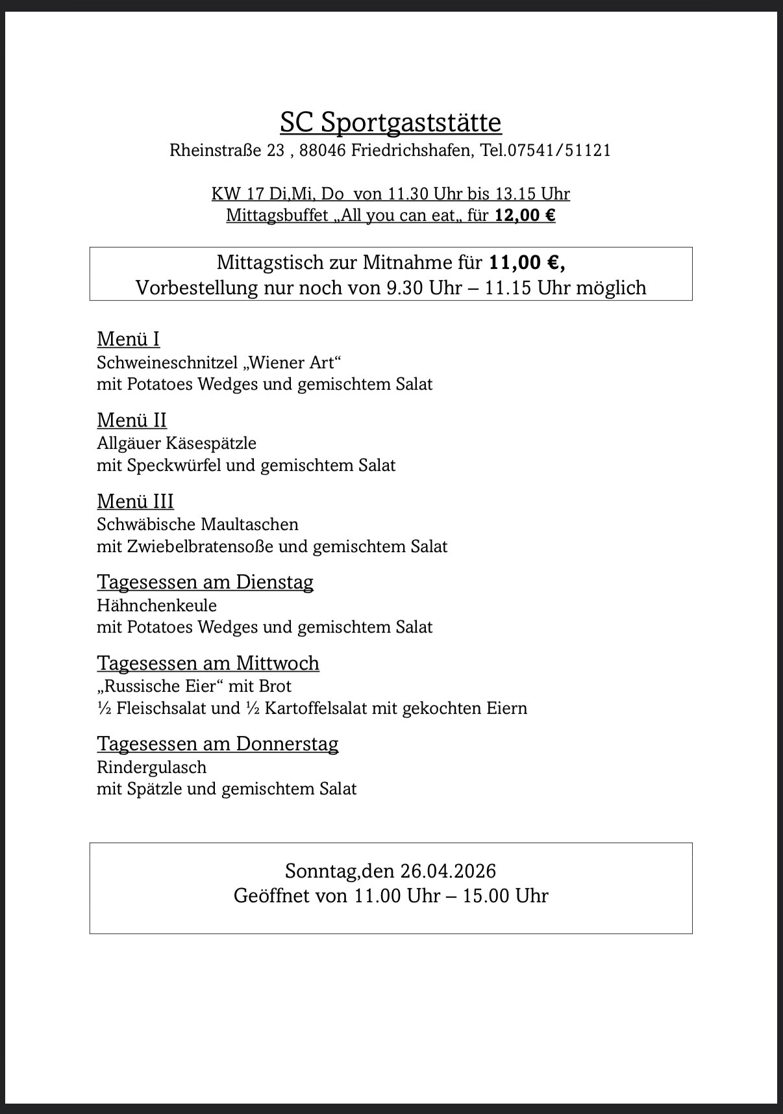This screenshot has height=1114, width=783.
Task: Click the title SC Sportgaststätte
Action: pos(390,122)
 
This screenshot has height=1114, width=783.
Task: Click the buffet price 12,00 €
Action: pos(525,215)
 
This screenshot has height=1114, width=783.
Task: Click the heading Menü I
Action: pos(128,339)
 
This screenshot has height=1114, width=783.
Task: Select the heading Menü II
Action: pos(132,420)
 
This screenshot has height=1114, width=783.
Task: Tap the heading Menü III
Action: pos(135,501)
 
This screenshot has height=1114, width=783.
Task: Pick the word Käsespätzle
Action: pos(212,444)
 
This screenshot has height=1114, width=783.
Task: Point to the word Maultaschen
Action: pos(250,524)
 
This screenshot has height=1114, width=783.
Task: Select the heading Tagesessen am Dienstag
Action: pos(205,582)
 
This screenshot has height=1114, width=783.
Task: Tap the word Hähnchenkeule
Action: pos(156,605)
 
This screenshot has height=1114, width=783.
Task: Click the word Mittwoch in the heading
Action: pos(277,663)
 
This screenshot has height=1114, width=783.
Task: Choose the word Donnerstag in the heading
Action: pos(287,744)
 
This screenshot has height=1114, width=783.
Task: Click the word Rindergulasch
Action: pos(151,767)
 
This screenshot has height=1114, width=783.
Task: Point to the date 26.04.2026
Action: pos(448,871)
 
